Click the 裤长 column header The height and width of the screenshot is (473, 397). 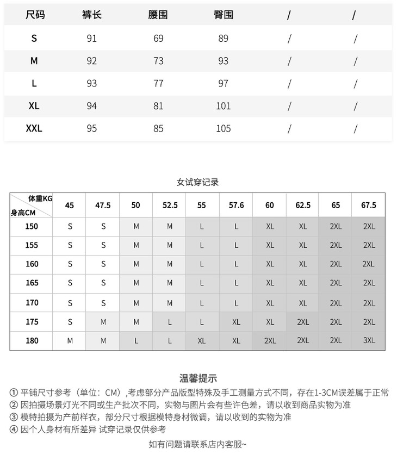pos(91,15)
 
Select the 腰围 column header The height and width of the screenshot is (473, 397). pos(158,15)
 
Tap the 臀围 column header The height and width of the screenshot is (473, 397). pos(224,15)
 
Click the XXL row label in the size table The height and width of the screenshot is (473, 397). pos(34,128)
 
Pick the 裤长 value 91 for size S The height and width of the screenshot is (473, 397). pos(91,39)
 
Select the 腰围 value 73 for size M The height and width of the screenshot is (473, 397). pos(158,61)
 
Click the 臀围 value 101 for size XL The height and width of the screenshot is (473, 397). pos(224,105)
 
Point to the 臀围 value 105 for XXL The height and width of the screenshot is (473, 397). pos(224,128)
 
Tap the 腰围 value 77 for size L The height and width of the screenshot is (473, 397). pos(158,83)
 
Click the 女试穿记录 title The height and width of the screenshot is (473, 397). pos(198,182)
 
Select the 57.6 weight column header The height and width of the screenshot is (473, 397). pos(236,206)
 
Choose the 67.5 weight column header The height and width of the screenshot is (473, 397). pos(368,206)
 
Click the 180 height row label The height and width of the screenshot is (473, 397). pos(32,341)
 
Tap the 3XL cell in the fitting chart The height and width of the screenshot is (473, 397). pos(369,341)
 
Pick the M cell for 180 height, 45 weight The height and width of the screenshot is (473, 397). pos(70,341)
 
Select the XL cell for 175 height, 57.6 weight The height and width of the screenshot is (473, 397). pos(236,322)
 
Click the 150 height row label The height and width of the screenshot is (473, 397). pos(32,226)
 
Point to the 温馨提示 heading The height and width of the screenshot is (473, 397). pos(198,378)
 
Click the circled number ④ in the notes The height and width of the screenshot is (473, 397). pos(14,429)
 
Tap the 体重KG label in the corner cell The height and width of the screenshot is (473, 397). pos(40,198)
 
